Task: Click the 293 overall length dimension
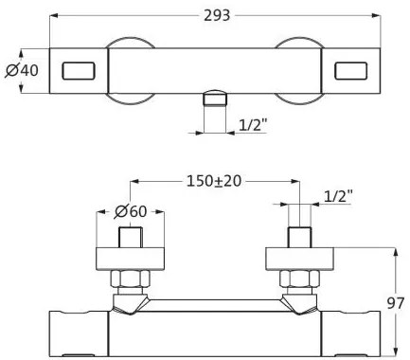click(217, 15)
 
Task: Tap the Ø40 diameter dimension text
click(22, 70)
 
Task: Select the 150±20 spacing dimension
click(214, 181)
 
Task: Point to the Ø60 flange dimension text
click(131, 211)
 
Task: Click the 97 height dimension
click(395, 303)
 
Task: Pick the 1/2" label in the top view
click(253, 125)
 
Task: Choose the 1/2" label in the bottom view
click(338, 196)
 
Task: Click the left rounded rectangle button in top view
click(79, 71)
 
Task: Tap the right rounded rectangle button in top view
click(350, 71)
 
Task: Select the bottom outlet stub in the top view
click(215, 98)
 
